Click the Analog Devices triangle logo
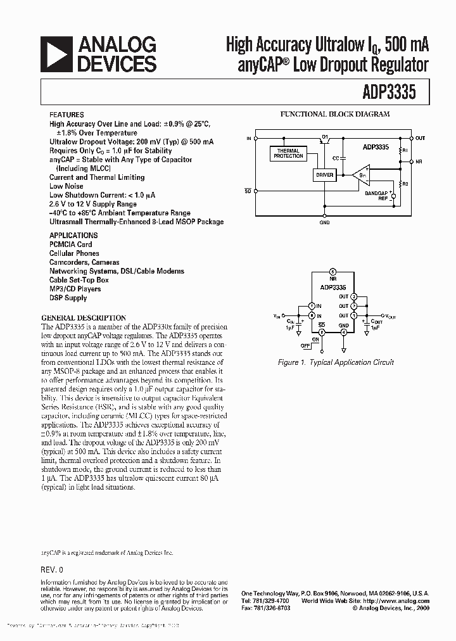(x=56, y=53)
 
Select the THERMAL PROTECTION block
(x=288, y=153)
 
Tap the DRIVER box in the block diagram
(x=325, y=175)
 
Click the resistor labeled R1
(x=401, y=151)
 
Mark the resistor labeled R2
(x=401, y=184)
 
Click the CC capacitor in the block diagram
(x=343, y=157)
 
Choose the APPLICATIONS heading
(x=73, y=235)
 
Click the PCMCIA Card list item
(x=70, y=244)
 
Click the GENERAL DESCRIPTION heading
(x=84, y=318)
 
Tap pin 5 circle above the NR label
(x=332, y=271)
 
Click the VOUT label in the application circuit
(x=392, y=315)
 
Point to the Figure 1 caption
(x=336, y=362)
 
